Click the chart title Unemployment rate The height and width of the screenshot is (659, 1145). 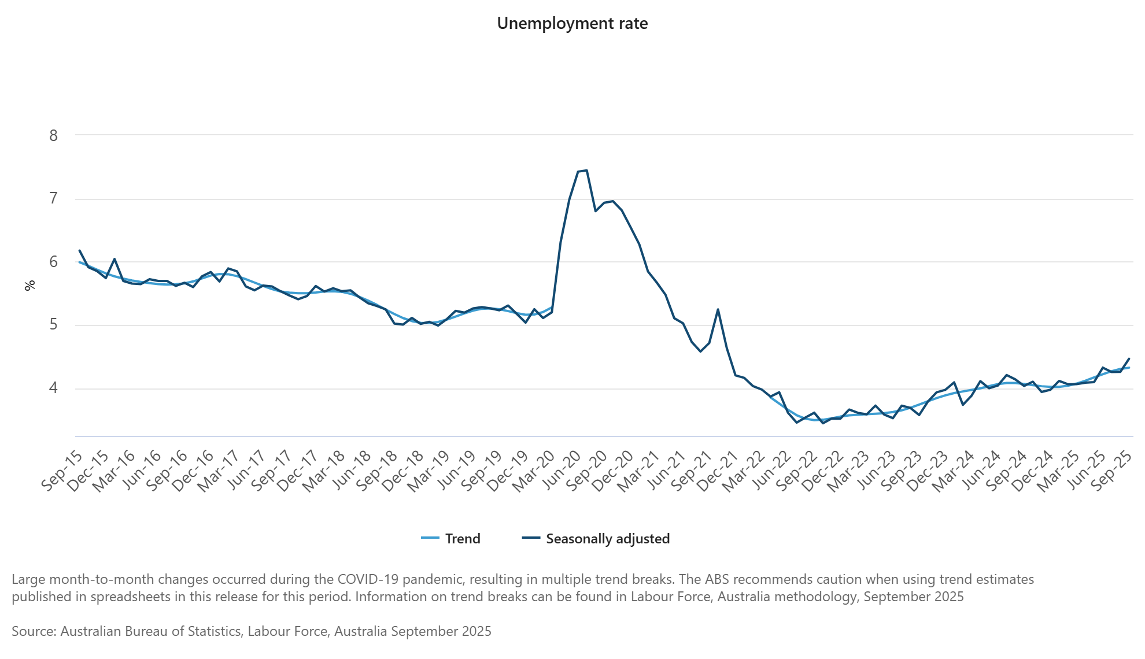(x=572, y=24)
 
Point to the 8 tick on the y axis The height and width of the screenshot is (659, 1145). (x=54, y=135)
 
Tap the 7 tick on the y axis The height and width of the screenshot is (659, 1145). (x=54, y=199)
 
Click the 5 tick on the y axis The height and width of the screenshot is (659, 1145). (x=54, y=325)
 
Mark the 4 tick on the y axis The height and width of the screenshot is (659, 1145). (x=54, y=388)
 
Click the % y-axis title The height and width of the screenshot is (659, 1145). (x=29, y=285)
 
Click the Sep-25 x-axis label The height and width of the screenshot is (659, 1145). (x=1112, y=471)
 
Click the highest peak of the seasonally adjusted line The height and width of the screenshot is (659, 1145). (x=586, y=170)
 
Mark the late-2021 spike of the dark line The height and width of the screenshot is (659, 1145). (x=718, y=309)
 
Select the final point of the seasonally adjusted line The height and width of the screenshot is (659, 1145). (x=1129, y=358)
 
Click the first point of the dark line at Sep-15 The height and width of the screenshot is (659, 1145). (x=79, y=250)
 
